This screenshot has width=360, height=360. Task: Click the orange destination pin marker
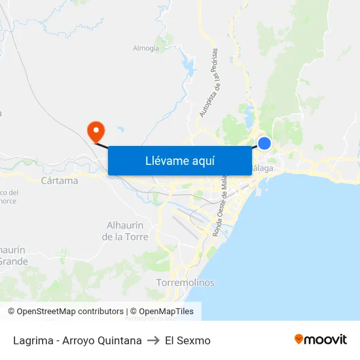tap(96, 130)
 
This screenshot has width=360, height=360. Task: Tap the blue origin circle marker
tap(264, 143)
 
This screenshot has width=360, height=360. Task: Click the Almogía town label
tap(146, 48)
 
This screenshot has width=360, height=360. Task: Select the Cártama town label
tap(59, 181)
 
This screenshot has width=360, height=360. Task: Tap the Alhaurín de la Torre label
tap(125, 230)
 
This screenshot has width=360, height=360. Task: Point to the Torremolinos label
tap(185, 283)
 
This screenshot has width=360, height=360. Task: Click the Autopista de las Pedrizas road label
tap(209, 83)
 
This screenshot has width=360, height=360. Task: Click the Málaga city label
tap(262, 168)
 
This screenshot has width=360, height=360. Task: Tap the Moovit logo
tap(320, 340)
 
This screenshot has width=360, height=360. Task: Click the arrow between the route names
tap(153, 340)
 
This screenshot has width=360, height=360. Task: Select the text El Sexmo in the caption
tap(188, 340)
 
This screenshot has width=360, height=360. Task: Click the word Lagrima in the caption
tap(31, 340)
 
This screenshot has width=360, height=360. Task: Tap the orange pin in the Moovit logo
tap(299, 340)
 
